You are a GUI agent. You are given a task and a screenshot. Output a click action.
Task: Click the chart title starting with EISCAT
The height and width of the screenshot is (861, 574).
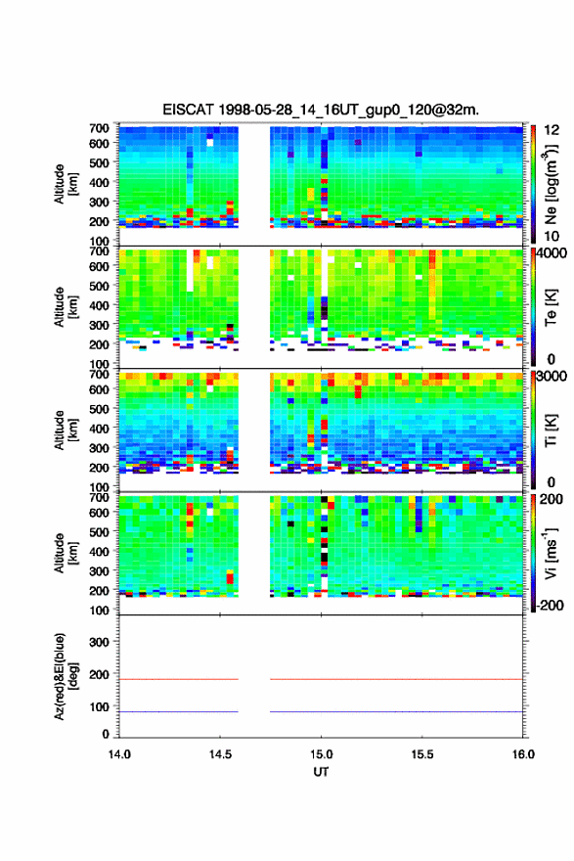coord(321,110)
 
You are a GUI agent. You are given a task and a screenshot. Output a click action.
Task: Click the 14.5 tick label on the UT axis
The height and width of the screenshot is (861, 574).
coord(220,754)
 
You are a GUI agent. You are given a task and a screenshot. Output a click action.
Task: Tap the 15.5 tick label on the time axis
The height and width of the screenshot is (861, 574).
coord(422,754)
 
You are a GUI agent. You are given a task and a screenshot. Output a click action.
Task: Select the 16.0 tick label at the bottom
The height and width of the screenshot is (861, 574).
coord(523,754)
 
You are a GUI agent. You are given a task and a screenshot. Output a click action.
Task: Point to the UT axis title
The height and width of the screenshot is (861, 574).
coord(321,772)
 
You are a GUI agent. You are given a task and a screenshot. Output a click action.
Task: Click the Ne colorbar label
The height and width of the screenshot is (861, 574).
coord(552,185)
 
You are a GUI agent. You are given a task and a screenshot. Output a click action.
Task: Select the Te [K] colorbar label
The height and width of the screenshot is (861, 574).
coord(551,308)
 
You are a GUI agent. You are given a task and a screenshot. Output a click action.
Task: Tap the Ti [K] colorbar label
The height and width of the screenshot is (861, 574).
coord(551,430)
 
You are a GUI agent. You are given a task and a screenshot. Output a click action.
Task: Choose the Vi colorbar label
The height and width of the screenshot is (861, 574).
coord(551,554)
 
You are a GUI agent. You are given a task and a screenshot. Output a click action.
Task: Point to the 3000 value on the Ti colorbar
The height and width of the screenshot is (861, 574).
coord(552,376)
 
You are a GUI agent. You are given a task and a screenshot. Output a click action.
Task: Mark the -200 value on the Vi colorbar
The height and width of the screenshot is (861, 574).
coord(548,605)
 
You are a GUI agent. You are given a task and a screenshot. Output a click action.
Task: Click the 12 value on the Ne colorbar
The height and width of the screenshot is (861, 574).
coord(552,130)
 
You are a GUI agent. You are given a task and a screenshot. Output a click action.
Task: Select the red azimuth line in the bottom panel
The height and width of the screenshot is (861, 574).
coord(321,679)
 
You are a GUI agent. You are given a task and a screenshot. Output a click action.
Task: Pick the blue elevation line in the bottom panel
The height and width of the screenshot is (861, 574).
coord(321,711)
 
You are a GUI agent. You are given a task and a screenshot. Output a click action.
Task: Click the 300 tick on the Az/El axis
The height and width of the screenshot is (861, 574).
coord(99,642)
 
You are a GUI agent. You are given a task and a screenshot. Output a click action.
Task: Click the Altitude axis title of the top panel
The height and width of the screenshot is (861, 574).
coord(66,184)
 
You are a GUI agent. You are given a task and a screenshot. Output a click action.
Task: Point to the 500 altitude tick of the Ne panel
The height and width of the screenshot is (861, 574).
coord(99,162)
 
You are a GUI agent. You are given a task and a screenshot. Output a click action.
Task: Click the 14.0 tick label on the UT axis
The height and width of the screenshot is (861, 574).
coord(119,754)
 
